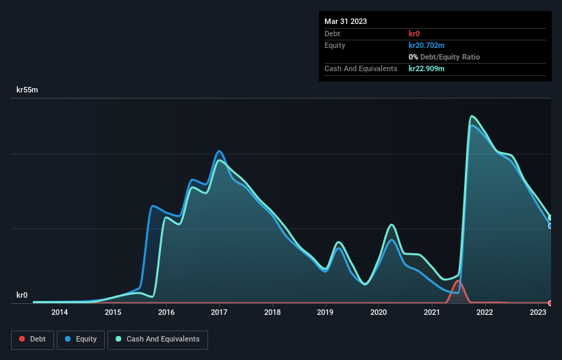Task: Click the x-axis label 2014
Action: [60, 313]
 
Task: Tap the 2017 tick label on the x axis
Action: [219, 313]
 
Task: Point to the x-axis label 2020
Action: [379, 313]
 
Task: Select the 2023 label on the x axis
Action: [538, 313]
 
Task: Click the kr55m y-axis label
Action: [27, 90]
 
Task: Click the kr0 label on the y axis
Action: [22, 296]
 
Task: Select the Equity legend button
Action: [80, 339]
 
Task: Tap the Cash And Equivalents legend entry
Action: [157, 339]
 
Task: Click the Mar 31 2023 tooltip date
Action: [346, 21]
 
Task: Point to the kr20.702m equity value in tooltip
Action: [426, 45]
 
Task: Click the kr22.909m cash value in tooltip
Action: [426, 68]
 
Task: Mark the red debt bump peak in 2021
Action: [457, 281]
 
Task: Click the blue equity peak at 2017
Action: [219, 151]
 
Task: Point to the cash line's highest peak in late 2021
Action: [472, 116]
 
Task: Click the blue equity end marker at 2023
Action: [550, 226]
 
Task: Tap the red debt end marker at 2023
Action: [550, 303]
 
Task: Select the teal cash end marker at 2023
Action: [550, 218]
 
